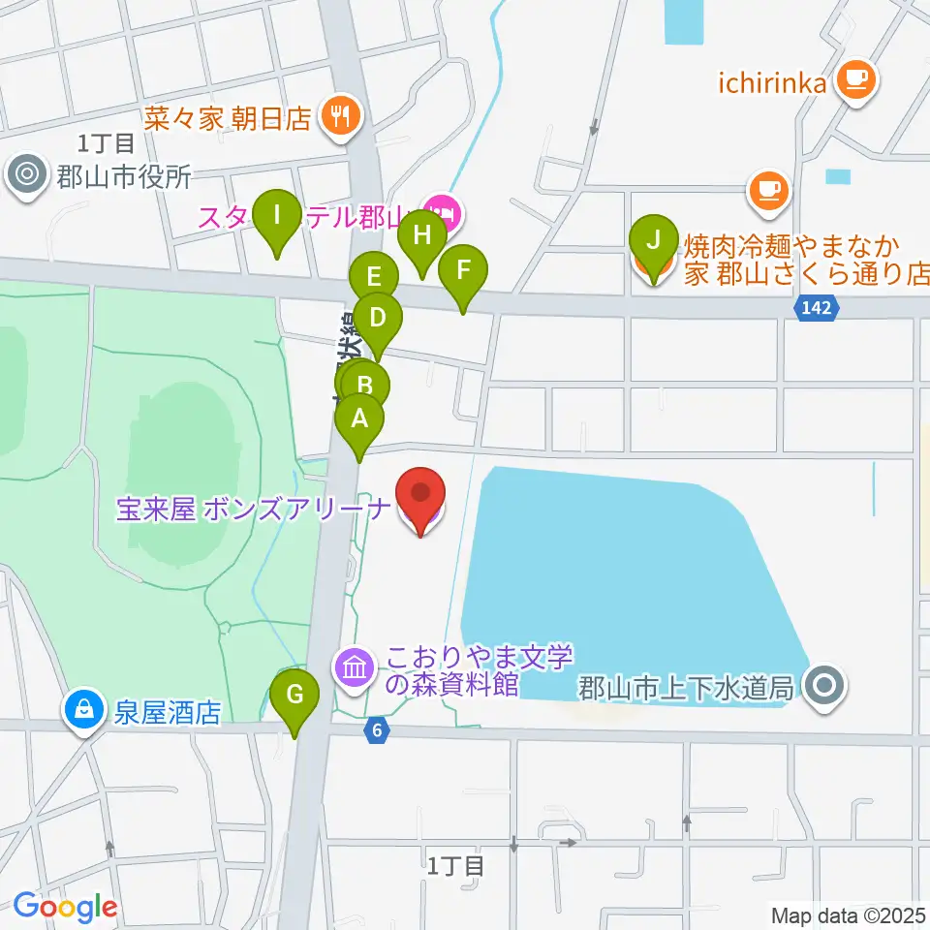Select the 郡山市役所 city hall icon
[26, 176]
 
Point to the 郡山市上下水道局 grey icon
[824, 687]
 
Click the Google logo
[65, 907]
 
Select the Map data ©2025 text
[847, 914]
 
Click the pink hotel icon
[442, 207]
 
